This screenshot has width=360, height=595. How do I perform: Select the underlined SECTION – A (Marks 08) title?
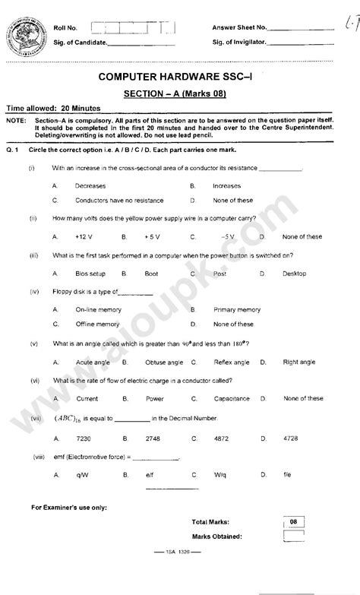pos(175,93)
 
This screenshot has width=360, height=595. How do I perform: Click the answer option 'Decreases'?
pos(90,185)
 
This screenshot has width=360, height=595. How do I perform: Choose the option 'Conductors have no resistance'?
pos(118,201)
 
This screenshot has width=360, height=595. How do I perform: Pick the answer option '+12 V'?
pos(84,236)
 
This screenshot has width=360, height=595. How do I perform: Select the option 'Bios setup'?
pos(90,273)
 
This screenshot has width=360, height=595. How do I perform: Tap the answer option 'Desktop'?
pos(294,273)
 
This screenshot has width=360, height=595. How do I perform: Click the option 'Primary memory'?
pos(237,310)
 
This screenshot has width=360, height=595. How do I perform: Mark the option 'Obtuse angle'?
pos(164,362)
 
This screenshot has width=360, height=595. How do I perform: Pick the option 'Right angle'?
pos(299,362)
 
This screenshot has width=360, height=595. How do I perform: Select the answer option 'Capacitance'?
pos(232,398)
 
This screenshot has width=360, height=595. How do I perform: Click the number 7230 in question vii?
pos(84,438)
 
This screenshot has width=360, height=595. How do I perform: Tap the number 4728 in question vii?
pos(291,438)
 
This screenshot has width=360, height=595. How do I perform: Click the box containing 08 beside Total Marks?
pos(292,522)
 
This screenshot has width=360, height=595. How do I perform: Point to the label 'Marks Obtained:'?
pos(217,536)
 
